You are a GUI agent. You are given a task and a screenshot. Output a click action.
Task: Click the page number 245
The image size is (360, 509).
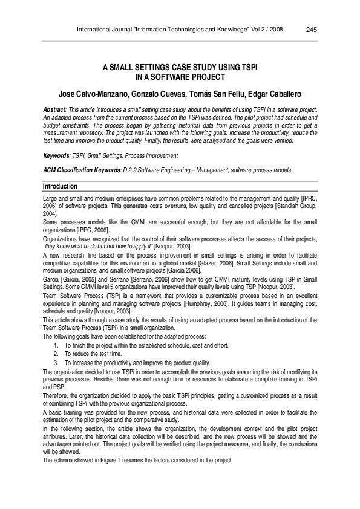click(312, 29)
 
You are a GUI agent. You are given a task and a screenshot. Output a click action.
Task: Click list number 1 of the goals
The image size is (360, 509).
click(56, 344)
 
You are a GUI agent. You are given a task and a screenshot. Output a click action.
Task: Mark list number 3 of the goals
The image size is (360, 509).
click(56, 361)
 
